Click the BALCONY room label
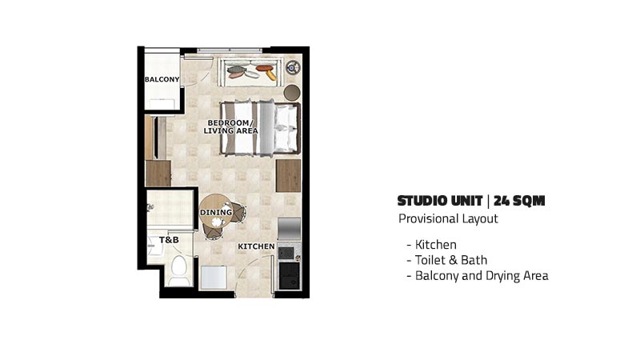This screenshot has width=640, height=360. coord(162,79)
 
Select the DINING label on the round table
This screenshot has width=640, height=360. coord(216,212)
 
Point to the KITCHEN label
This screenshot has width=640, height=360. coord(256,246)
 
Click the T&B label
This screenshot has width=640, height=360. coord(169,239)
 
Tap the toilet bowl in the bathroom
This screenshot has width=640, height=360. coord(178,270)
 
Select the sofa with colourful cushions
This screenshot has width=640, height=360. coord(250,72)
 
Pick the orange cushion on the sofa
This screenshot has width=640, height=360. coord(264,68)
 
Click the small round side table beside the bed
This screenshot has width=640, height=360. coord(292,93)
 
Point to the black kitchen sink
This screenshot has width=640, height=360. coord(290,274)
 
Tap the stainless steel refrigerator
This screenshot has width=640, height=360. coord(289,229)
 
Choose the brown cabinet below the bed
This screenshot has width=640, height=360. coord(288,176)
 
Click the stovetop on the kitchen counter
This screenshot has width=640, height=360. coord(286,253)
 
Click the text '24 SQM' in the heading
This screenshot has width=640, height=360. coord(519,201)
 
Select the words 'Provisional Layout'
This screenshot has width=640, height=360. coord(448,218)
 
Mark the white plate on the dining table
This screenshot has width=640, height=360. coord(216,222)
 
